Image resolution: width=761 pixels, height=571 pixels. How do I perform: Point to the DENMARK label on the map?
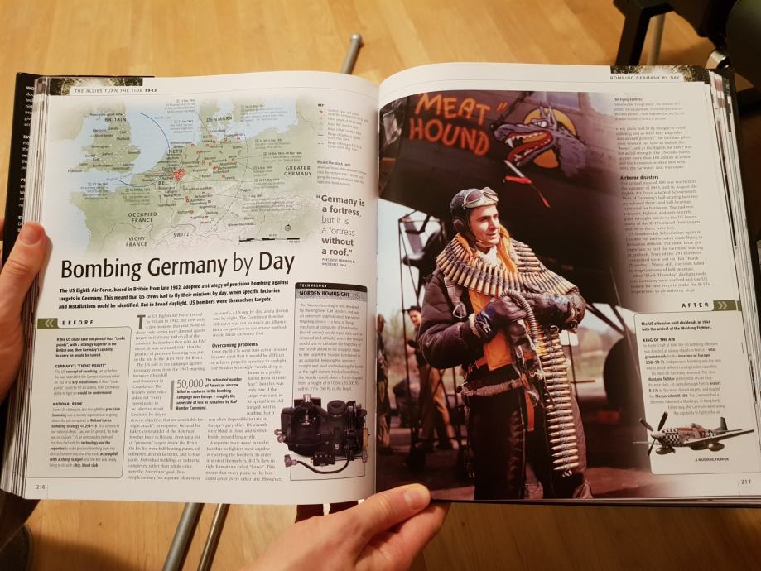[220, 118]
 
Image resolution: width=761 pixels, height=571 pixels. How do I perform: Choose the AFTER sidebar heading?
[692, 306]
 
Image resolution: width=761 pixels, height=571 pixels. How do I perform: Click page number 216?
[41, 487]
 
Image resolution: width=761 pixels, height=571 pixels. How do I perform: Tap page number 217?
[744, 480]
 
